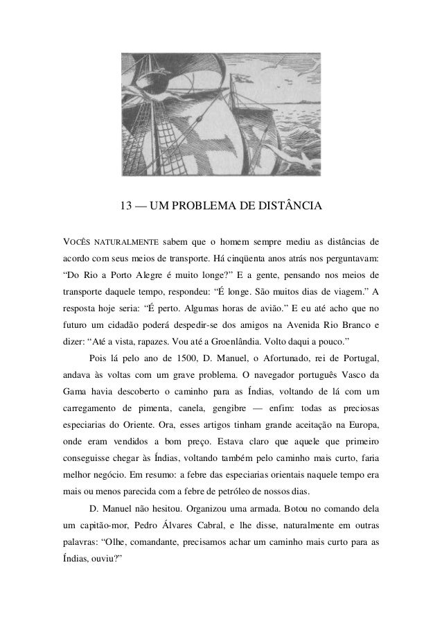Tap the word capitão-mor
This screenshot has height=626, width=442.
[x=103, y=537]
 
